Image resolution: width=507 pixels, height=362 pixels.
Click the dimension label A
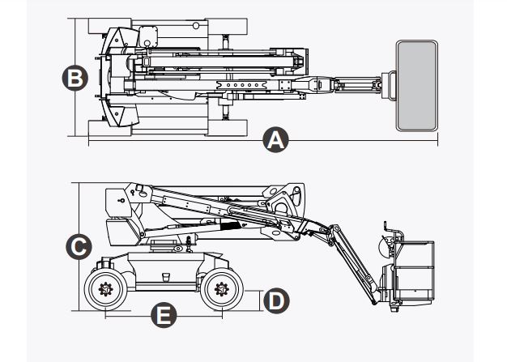tap(275, 141)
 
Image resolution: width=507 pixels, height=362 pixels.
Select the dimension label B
tap(74, 79)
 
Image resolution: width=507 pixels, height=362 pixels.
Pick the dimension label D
tap(275, 300)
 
